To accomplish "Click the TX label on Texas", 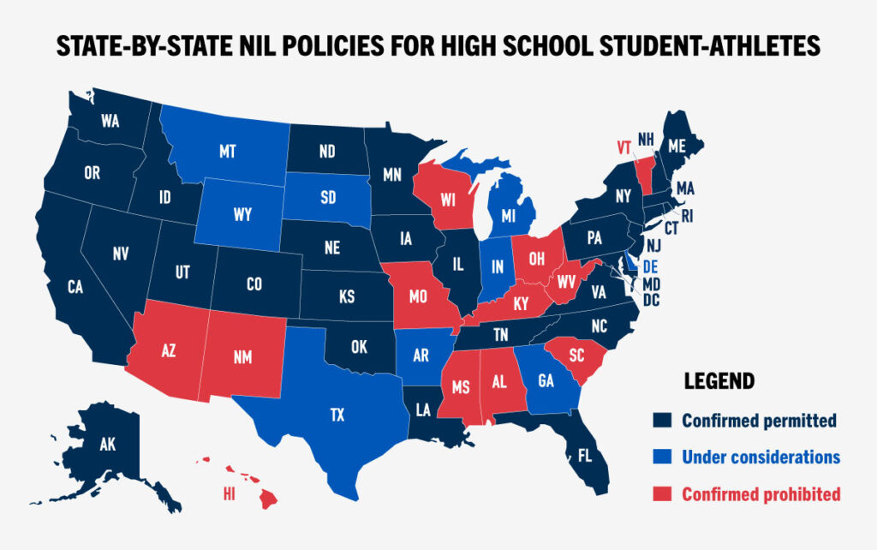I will [x=337, y=415].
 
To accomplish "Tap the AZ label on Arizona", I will [x=169, y=350].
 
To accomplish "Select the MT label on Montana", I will [x=227, y=151].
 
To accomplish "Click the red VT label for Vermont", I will [x=623, y=146].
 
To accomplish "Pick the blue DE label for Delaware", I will [x=651, y=266].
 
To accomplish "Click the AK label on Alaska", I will [x=107, y=445].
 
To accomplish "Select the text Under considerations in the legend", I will [x=761, y=457].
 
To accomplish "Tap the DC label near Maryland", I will [x=651, y=300].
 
